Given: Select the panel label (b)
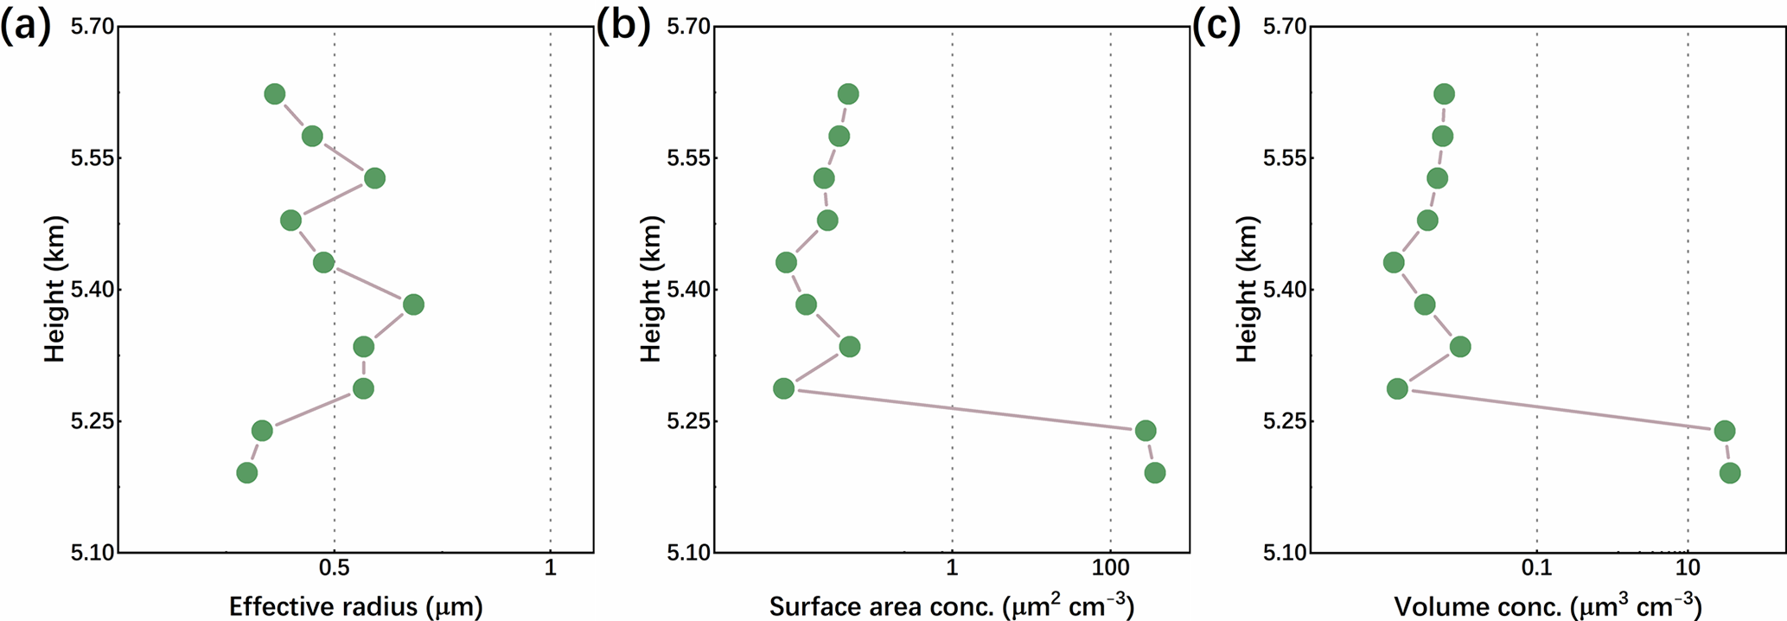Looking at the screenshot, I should (622, 28).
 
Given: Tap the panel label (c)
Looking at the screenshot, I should (1216, 28).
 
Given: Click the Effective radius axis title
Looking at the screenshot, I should (355, 606).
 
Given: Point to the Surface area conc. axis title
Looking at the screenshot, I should (951, 605).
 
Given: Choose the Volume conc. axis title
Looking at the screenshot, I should (1548, 605).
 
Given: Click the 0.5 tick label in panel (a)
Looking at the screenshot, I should (335, 568).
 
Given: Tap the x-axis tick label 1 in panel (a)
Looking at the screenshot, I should (551, 568).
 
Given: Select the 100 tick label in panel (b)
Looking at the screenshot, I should (1111, 568).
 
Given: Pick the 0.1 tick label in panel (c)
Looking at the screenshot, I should (1536, 568).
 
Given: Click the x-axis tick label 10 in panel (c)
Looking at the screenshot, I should (1688, 568).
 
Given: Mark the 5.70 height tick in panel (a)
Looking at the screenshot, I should (92, 27).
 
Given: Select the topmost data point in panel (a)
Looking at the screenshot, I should (275, 94).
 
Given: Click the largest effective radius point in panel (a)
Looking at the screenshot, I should (413, 304).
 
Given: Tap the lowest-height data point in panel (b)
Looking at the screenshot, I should (1154, 472).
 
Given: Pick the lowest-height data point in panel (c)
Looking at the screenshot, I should (1729, 472).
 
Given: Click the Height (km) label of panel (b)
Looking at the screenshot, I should (651, 289).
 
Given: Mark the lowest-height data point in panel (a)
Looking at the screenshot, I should (246, 472).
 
